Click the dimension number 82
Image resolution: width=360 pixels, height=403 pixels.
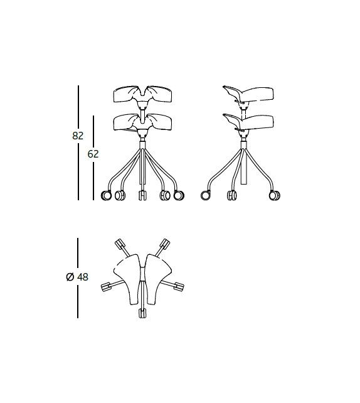pos(78,136)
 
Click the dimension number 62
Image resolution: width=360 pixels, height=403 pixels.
pos(93,154)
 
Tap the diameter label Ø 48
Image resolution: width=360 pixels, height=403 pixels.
pos(77,277)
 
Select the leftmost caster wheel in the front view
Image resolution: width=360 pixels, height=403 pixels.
pos(107,196)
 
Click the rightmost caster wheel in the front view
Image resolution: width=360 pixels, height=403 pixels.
pos(179,196)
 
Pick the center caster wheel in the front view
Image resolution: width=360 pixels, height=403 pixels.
pos(142,196)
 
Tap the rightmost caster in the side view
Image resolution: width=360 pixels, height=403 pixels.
pos(275,196)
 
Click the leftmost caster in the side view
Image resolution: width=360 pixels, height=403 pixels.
pos(205,196)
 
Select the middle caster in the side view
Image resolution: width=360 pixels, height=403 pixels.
pos(232,196)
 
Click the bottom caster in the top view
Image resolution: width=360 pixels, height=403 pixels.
pos(142,313)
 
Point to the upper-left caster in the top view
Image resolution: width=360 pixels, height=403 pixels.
pos(119,244)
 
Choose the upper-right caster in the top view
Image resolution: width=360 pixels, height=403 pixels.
pos(165,244)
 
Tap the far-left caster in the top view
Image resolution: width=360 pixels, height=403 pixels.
pos(105,287)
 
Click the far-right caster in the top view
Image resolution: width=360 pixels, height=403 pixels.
pos(179,287)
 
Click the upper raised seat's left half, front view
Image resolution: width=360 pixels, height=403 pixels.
pos(126,95)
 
